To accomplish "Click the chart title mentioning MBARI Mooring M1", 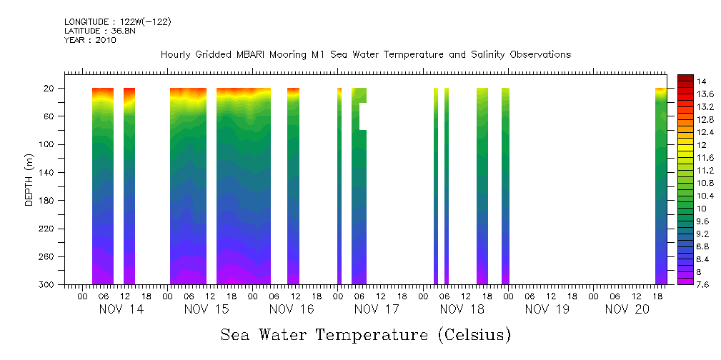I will (365, 55).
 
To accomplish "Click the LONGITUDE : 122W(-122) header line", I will (117, 21).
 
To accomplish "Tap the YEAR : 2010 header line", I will (90, 40).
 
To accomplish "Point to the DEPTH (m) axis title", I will (29, 179).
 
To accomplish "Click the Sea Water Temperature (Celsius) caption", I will (365, 334).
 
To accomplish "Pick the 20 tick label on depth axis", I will (50, 89).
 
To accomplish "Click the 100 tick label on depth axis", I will (48, 144).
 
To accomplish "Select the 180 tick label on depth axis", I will (48, 201).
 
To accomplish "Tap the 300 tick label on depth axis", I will (48, 285).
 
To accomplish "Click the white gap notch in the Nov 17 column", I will (362, 116).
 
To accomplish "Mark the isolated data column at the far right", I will (661, 186).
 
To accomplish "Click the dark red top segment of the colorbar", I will (685, 78).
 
